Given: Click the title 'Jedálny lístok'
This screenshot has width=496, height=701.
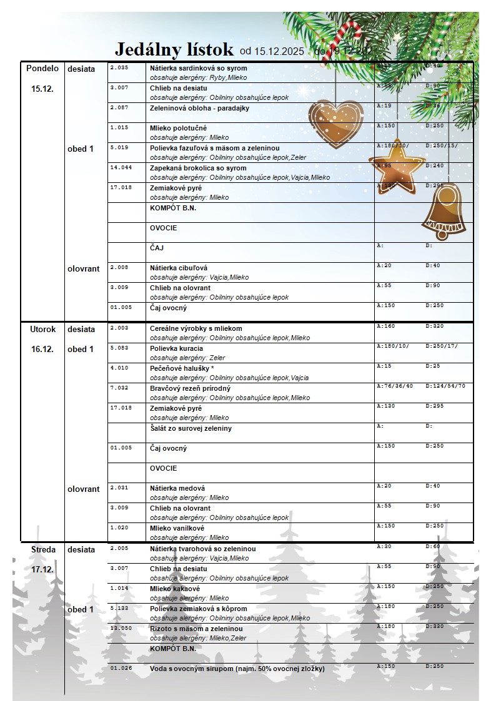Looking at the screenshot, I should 174,49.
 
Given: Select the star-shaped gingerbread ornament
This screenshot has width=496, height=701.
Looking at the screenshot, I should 396,166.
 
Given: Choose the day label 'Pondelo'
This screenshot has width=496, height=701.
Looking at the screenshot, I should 42,69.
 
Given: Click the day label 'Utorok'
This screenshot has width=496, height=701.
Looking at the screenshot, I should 42,329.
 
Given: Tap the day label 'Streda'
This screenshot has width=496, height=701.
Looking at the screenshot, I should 42,550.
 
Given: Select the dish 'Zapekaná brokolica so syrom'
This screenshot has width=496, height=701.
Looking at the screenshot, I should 198,168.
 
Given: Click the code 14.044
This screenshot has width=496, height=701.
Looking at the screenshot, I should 121,168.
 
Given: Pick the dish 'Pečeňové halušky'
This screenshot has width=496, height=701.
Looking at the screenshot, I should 182,368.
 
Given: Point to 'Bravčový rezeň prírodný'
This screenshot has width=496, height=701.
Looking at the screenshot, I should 190,388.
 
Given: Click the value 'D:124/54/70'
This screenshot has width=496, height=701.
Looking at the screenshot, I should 445,386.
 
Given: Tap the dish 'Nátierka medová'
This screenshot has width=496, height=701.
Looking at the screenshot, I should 177,488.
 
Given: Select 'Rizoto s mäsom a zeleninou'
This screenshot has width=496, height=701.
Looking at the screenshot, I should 196,629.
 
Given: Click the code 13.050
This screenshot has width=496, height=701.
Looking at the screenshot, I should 121,628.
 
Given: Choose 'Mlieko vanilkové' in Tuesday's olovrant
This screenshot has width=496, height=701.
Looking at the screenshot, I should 177,528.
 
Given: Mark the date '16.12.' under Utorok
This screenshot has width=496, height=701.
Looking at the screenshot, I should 42,349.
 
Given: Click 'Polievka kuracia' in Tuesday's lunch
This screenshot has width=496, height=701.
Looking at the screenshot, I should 176,348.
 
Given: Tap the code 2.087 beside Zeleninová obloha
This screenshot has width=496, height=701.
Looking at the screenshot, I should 119,107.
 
